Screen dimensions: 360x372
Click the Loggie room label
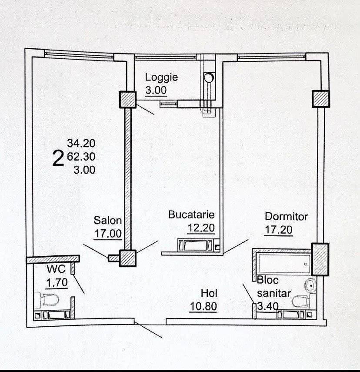tap(161, 77)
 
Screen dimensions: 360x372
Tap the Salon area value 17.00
tap(108, 234)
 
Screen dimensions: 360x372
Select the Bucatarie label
tap(191, 214)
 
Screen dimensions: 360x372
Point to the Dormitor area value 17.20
tap(278, 230)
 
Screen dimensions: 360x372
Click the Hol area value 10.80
tap(203, 306)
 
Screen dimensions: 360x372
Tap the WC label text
tap(56, 269)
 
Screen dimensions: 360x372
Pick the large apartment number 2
tap(58, 158)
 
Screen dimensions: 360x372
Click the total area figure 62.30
tap(81, 157)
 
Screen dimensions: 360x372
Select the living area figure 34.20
tap(81, 143)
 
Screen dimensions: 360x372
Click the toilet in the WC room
tap(49, 300)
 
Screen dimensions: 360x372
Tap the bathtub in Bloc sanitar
tap(284, 264)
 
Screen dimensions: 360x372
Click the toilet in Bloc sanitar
tap(301, 302)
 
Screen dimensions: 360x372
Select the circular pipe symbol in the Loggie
tap(209, 77)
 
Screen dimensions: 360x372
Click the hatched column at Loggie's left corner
tap(127, 100)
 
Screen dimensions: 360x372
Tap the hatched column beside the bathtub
tap(320, 260)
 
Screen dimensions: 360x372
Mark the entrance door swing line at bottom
tap(148, 329)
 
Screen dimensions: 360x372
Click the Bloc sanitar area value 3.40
tap(268, 306)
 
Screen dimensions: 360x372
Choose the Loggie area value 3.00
tap(156, 90)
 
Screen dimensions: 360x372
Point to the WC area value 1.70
tap(57, 282)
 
